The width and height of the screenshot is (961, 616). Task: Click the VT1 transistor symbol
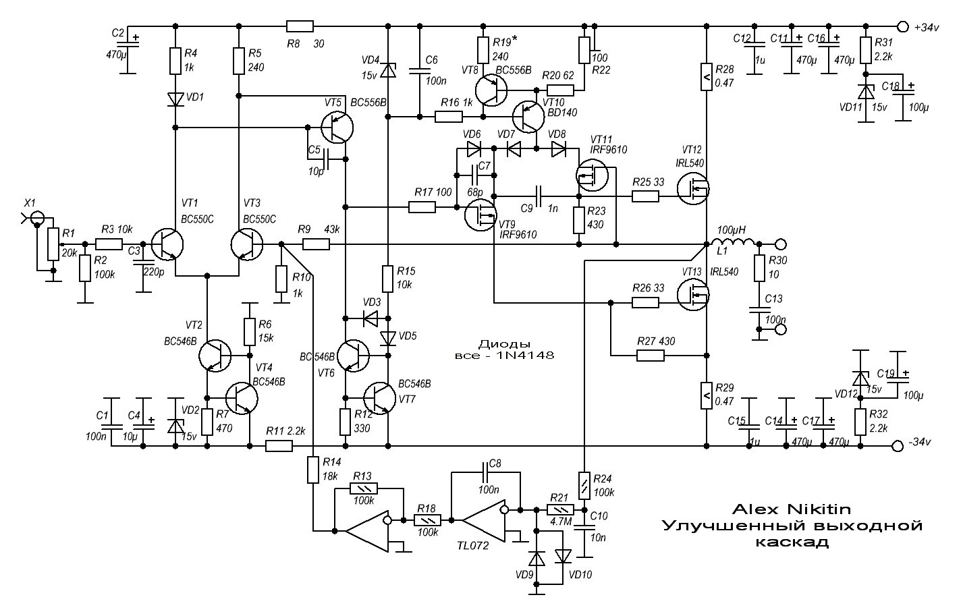167,244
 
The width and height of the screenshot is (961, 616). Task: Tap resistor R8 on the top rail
300,26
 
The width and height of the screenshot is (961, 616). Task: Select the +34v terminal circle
903,26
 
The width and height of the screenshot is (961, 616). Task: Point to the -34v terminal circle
897,446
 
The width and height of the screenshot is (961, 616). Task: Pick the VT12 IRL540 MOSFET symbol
693,188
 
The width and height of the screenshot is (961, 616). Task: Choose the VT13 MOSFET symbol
693,295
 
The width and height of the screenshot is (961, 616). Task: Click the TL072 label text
473,546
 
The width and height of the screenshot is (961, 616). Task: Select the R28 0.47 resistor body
707,77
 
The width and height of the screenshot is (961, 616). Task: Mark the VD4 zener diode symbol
388,70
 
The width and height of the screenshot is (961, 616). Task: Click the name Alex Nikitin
791,509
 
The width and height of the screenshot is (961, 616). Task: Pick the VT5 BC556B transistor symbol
337,128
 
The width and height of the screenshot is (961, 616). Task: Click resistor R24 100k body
584,486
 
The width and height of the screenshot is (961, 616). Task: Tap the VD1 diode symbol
175,99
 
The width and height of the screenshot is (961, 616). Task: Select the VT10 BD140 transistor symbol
528,117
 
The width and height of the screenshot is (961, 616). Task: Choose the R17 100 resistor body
422,208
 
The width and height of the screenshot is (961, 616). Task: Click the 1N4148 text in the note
525,355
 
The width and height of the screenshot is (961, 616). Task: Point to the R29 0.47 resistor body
707,395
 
